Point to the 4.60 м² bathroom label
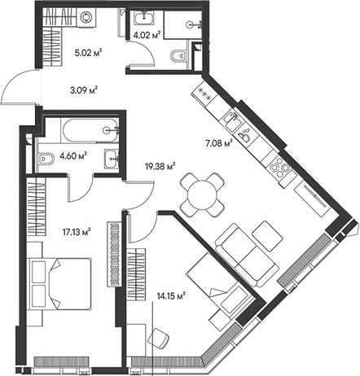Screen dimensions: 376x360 [73, 156]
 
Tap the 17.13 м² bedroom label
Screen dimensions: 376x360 [74, 231]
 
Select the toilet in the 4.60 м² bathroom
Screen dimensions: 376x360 [46, 158]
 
